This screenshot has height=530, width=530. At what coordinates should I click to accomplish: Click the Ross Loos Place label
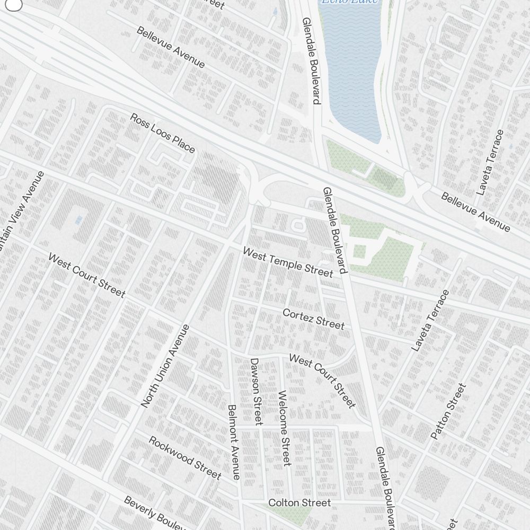click(162, 133)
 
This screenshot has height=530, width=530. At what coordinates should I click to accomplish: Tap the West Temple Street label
click(288, 262)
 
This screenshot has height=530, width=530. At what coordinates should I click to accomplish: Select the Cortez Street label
click(313, 319)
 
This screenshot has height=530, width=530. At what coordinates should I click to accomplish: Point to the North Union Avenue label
click(165, 366)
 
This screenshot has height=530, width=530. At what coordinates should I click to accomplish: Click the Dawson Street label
click(256, 391)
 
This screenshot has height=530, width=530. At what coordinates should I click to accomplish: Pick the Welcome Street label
click(284, 428)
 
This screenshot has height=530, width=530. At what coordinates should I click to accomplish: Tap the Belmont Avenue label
click(234, 442)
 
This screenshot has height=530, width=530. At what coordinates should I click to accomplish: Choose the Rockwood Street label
click(184, 457)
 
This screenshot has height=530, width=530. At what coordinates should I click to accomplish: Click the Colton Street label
click(299, 502)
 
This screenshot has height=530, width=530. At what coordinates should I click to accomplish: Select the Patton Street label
click(448, 411)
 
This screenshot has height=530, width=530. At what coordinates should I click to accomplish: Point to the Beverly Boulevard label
click(154, 513)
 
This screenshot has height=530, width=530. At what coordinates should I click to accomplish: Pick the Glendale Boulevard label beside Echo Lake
click(312, 60)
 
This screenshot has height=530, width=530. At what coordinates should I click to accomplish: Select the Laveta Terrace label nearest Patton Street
click(430, 320)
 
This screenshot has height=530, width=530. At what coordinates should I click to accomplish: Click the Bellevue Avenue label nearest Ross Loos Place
click(170, 47)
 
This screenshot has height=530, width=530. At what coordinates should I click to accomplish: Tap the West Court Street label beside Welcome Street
click(322, 381)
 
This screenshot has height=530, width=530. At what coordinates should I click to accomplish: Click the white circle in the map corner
click(13, 4)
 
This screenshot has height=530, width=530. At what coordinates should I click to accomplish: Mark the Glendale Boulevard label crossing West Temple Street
click(335, 230)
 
